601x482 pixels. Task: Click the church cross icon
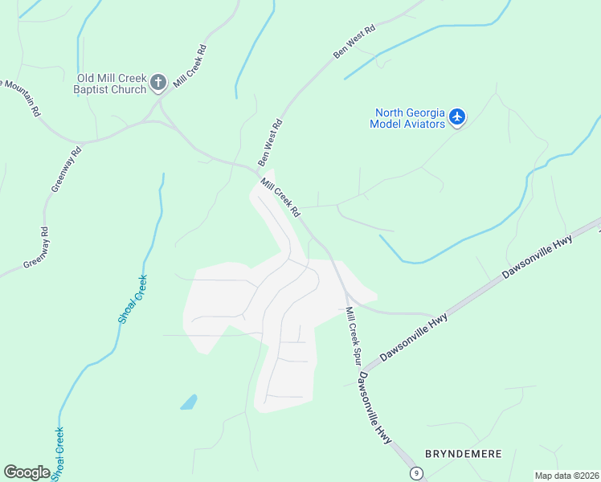pyautogui.click(x=158, y=81)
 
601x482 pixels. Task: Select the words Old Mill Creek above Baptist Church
pyautogui.click(x=112, y=78)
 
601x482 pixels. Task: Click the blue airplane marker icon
pyautogui.click(x=457, y=117)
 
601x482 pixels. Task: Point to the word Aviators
pyautogui.click(x=423, y=124)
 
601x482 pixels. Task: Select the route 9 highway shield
pyautogui.click(x=415, y=473)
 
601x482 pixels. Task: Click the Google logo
pyautogui.click(x=27, y=472)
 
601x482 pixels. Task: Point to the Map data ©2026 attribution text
pyautogui.click(x=566, y=476)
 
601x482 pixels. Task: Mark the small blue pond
pyautogui.click(x=189, y=402)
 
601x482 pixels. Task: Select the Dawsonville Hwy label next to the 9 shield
pyautogui.click(x=376, y=408)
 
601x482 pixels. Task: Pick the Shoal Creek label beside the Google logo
pyautogui.click(x=58, y=454)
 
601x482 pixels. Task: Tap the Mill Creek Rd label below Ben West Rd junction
pyautogui.click(x=280, y=198)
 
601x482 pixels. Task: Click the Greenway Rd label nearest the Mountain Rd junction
pyautogui.click(x=67, y=168)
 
